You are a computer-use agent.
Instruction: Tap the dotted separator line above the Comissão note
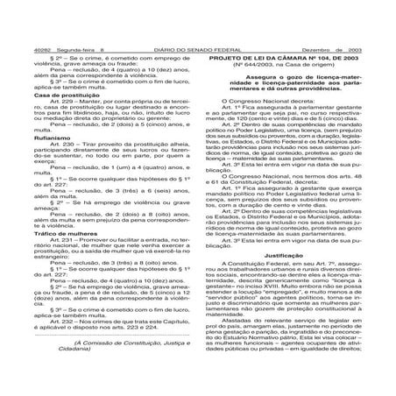101,371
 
